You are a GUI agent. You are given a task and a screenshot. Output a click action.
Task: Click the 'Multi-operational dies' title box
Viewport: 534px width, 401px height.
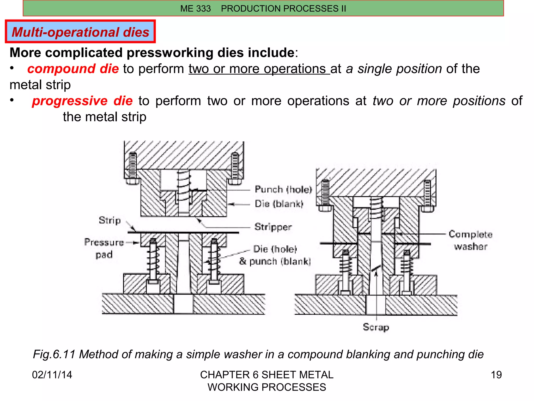pos(80,32)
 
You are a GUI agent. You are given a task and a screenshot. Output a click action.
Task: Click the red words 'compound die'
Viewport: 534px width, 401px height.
pos(73,69)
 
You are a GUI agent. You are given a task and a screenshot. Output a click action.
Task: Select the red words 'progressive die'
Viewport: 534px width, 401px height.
pos(82,101)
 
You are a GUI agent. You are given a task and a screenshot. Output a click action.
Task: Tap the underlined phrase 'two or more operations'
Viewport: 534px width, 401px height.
pos(259,69)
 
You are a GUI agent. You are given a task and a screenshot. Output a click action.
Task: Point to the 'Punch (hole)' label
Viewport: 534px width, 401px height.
pos(283,189)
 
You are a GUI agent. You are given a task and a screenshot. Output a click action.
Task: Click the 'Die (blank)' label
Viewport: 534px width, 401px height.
pos(279,204)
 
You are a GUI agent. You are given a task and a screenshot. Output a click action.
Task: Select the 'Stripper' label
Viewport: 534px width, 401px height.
pos(273,227)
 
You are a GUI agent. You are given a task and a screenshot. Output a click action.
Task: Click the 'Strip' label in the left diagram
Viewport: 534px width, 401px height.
pos(110,220)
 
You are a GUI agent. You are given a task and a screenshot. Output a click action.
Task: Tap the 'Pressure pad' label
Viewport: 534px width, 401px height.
pos(104,248)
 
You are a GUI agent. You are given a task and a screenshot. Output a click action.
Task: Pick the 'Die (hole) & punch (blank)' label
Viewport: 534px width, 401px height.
pos(275,255)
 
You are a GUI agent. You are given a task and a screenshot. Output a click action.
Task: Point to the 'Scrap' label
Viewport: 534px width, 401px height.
pos(376,327)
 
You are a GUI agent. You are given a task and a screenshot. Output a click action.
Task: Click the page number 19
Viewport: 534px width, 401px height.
pos(496,375)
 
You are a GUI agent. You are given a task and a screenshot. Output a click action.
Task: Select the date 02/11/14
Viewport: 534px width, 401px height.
pos(52,375)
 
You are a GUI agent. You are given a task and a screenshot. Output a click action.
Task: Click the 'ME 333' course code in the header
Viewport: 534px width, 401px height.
pos(195,9)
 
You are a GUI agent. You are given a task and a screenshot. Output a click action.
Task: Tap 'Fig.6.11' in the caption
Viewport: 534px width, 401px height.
pos(54,355)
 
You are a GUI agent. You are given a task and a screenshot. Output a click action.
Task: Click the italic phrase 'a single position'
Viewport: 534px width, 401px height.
pos(394,69)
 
